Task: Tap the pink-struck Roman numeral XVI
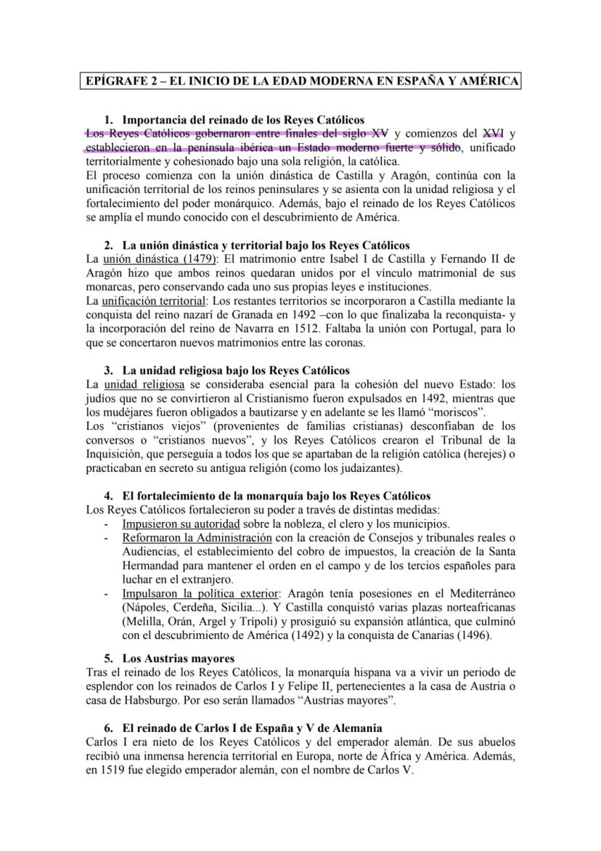[x=493, y=133]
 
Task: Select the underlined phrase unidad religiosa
[x=144, y=384]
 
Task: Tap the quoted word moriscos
[x=452, y=412]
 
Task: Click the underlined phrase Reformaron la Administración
[x=197, y=537]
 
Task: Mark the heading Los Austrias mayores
[x=178, y=659]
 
